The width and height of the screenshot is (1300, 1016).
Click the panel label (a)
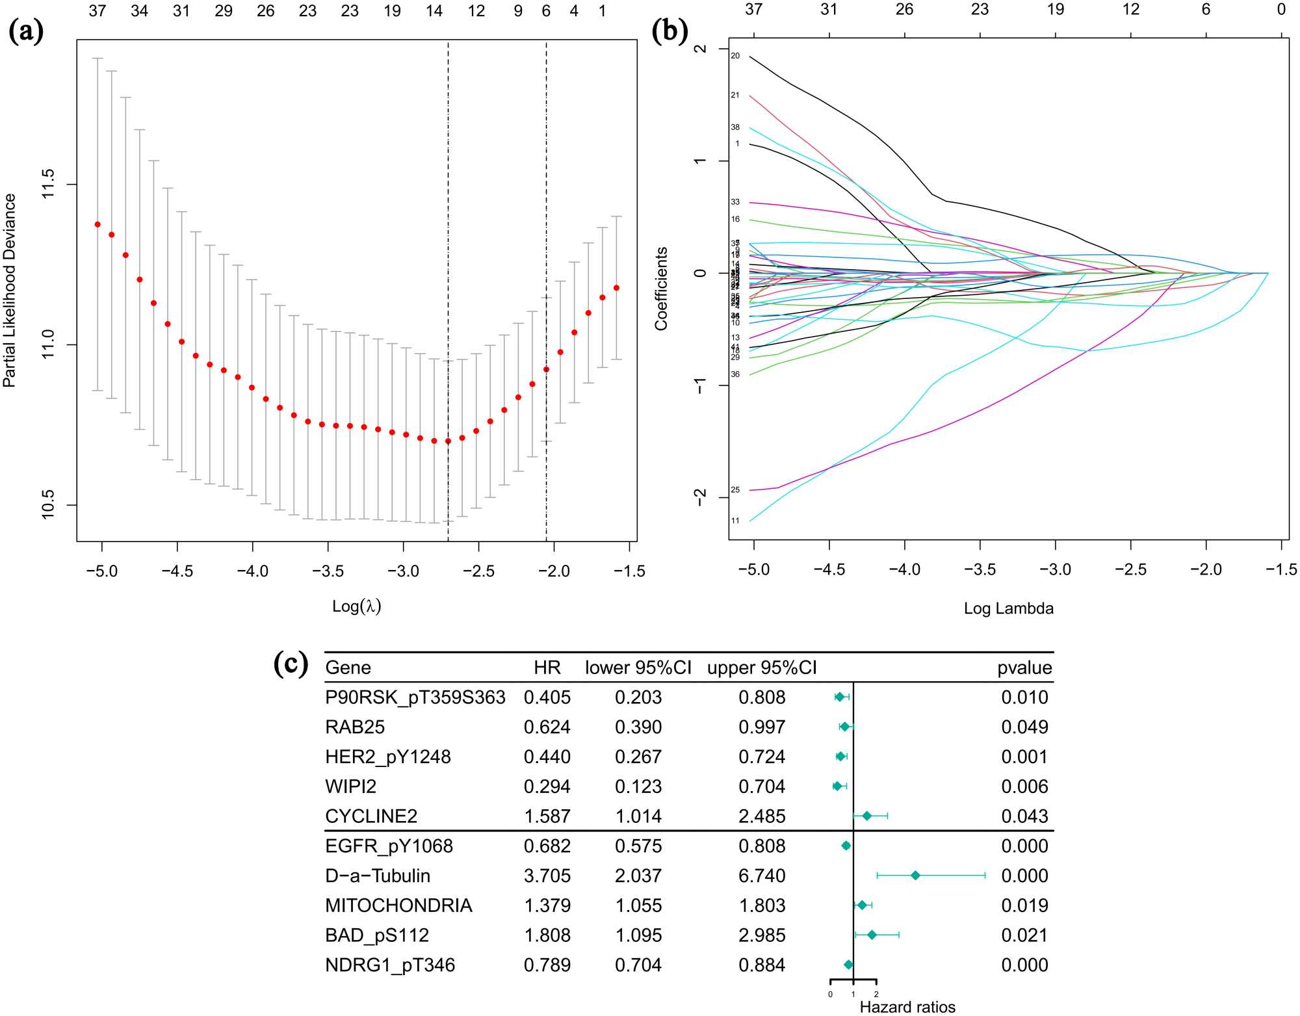pos(26,31)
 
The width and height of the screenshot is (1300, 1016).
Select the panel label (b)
pos(669,31)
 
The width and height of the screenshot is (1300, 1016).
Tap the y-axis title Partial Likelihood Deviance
pos(9,290)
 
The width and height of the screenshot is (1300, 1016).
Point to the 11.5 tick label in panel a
pos(48,184)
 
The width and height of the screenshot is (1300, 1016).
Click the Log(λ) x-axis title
pos(356,606)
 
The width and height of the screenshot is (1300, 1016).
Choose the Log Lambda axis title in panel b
pos(1008,608)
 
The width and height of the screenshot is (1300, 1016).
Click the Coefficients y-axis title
pos(661,289)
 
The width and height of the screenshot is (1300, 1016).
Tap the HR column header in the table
pos(547,668)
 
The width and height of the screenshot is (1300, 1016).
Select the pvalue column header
pos(1024,668)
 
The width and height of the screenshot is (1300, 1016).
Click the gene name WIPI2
pos(350,787)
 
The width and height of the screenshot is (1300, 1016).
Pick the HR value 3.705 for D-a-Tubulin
pos(547,876)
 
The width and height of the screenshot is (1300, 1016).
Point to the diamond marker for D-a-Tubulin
pos(915,876)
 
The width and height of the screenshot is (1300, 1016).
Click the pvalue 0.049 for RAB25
pos(1024,727)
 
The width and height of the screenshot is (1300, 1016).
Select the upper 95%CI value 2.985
pos(762,935)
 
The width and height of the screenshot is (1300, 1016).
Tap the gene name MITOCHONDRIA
pos(398,905)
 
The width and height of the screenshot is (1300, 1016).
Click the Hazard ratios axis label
pos(907,1007)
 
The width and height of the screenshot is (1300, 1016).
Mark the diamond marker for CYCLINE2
pos(866,816)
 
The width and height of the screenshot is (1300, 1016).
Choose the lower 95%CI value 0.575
pos(638,846)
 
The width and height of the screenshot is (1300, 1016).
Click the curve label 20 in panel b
pos(735,56)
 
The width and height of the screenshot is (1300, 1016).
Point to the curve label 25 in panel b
pos(735,489)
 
